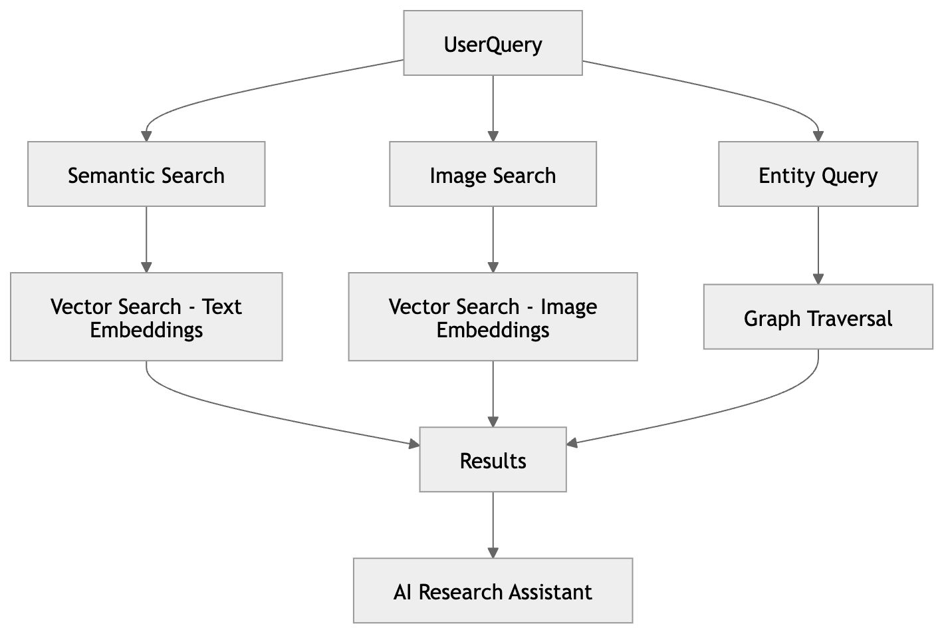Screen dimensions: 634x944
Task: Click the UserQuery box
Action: click(493, 43)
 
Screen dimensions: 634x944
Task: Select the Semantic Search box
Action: click(146, 174)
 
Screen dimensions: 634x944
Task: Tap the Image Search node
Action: click(493, 174)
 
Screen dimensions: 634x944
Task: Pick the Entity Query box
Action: click(818, 174)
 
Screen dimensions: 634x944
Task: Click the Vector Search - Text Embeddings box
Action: click(146, 317)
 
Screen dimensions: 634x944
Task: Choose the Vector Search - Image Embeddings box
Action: click(493, 317)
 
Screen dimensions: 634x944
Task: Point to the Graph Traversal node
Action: click(818, 317)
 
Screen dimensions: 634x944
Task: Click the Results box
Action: click(493, 460)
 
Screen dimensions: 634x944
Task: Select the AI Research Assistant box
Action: click(493, 591)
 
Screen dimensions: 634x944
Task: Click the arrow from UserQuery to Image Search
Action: click(493, 106)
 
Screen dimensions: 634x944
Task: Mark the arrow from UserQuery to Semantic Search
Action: click(266, 88)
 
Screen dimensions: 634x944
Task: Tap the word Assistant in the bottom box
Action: click(550, 591)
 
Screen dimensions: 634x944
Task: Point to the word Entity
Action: click(778, 176)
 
